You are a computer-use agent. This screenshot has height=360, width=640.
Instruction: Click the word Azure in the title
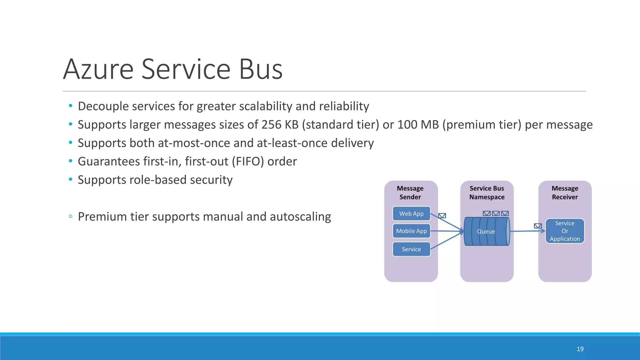point(98,69)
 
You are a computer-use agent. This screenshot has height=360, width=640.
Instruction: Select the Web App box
point(411,214)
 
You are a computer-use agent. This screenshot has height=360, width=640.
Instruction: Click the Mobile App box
point(411,231)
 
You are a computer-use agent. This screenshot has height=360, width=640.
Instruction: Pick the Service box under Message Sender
point(411,249)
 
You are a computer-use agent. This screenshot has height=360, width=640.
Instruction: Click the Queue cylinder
point(486,232)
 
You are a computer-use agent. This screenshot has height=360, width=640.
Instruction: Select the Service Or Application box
point(565,231)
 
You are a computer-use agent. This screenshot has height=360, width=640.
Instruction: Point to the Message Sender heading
point(410,192)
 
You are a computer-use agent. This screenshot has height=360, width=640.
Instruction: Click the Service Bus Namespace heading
point(487,192)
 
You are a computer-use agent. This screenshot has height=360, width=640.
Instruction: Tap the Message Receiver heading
point(565,192)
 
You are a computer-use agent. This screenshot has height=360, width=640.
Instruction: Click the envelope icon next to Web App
point(442,216)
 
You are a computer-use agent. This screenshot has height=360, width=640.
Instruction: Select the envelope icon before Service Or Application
point(538,226)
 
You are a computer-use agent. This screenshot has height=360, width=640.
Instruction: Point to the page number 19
point(580,349)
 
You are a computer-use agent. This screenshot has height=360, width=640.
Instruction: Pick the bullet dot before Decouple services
point(71,106)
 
